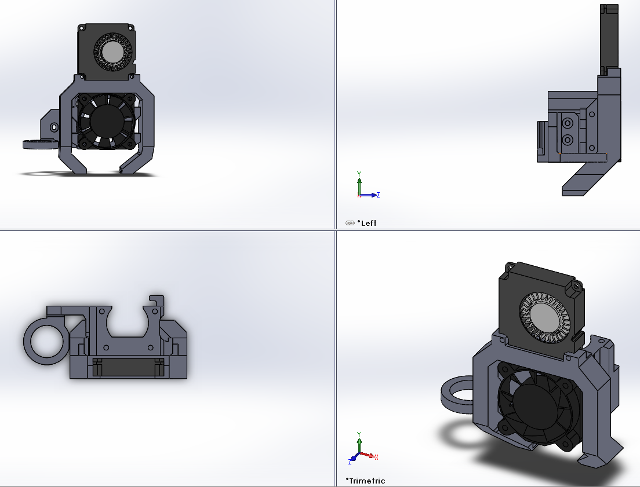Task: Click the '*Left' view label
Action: click(367, 223)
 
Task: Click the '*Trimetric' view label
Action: click(365, 481)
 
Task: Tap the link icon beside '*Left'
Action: click(350, 223)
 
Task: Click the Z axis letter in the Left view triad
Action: click(379, 195)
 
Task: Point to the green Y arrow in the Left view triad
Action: click(359, 184)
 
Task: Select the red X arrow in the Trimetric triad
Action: click(367, 455)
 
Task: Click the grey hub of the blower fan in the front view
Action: click(112, 52)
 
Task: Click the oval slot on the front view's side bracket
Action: click(54, 127)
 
